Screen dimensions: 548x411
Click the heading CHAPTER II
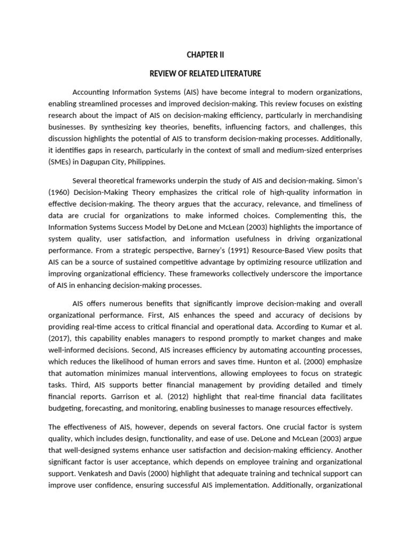[x=205, y=54]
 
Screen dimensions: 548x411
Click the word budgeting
[x=68, y=408]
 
